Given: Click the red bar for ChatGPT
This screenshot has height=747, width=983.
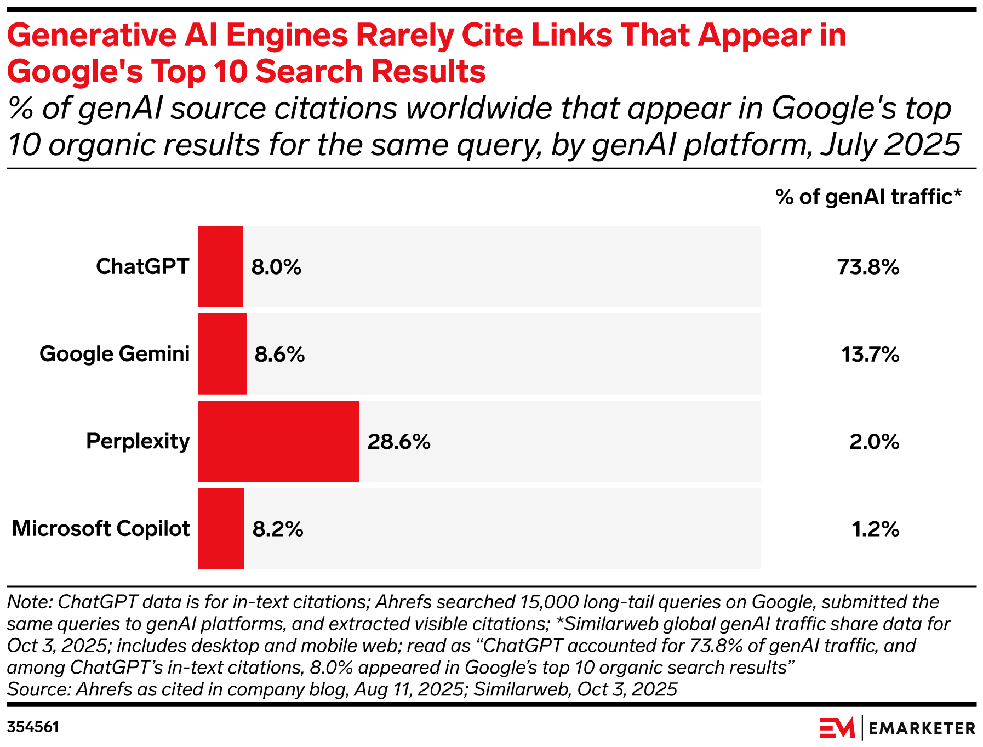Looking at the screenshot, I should tap(220, 266).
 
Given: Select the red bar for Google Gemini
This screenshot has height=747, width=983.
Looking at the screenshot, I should tap(222, 354).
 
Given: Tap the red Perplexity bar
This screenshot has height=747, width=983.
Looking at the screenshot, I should tap(278, 441).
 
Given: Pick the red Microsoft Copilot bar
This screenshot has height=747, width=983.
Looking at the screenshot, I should tap(221, 528).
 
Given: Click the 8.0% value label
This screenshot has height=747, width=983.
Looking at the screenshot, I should tap(276, 267).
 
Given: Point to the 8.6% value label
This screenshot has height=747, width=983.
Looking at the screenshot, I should tap(279, 355).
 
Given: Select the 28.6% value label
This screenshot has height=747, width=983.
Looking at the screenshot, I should tap(399, 442).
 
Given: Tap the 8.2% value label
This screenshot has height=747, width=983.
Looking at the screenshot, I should tap(277, 529).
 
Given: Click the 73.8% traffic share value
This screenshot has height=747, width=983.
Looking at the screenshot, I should tap(868, 267).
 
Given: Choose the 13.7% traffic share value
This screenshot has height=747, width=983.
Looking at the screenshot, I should tap(870, 355).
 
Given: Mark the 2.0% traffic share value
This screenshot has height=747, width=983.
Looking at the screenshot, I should tap(874, 442).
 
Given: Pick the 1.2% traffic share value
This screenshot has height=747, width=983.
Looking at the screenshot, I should tap(875, 529).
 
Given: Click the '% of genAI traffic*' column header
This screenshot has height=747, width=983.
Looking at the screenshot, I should tap(868, 197).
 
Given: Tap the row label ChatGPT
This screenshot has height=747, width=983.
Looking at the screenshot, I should tap(142, 266).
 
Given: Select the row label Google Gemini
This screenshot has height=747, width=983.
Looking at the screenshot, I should tap(115, 354).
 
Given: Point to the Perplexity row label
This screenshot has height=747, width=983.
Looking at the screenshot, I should tap(138, 441).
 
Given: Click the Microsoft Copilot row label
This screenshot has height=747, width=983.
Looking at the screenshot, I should tap(101, 528).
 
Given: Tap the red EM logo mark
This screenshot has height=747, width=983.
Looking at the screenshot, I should tap(837, 728).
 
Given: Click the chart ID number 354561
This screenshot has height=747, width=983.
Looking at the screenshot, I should tap(33, 727).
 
